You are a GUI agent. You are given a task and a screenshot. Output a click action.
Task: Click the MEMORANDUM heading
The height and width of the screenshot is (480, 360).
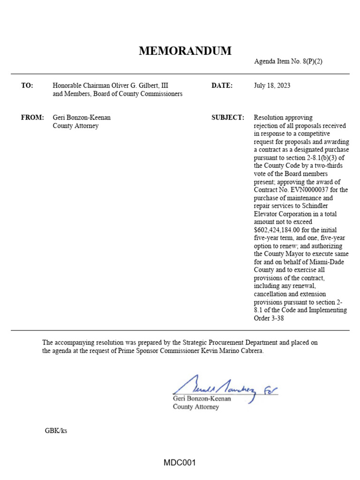(185, 52)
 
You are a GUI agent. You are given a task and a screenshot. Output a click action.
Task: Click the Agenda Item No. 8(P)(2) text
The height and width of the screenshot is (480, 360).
(288, 62)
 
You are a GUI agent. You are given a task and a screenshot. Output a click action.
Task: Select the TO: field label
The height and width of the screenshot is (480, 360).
(27, 86)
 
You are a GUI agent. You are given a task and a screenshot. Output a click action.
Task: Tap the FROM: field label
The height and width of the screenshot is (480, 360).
(32, 118)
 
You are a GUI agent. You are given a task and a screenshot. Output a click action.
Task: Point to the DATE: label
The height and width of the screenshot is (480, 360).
(222, 86)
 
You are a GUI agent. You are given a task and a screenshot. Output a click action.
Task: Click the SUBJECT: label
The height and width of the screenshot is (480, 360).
(228, 118)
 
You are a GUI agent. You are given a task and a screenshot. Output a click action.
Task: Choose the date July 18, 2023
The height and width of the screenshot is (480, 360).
(272, 86)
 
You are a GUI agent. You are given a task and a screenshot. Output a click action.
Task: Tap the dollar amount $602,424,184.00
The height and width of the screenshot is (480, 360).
(277, 230)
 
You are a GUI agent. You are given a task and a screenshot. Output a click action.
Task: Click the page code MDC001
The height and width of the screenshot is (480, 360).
(180, 463)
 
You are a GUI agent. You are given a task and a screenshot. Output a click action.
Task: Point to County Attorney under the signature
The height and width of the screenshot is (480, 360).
(196, 407)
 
